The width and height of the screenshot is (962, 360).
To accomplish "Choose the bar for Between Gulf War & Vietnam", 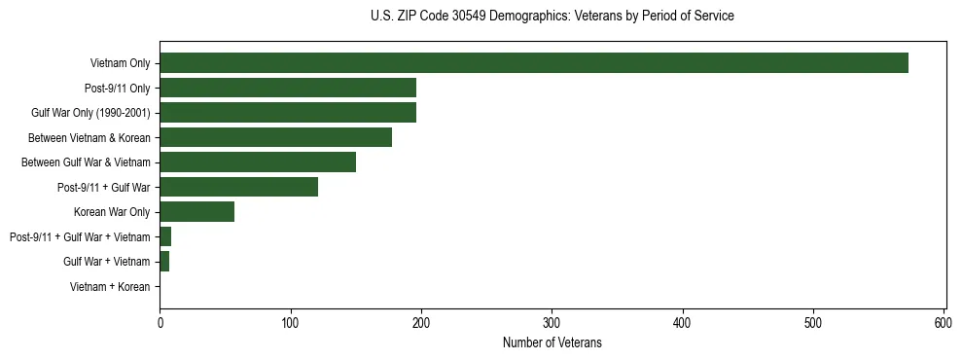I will (258, 162).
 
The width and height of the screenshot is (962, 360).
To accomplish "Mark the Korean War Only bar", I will (196, 212).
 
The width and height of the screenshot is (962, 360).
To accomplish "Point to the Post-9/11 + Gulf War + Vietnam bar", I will (165, 236).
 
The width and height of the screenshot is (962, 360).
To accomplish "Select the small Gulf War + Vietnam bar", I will (164, 262).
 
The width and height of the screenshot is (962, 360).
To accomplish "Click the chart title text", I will (552, 17).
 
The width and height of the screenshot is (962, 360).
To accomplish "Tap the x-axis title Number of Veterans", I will (552, 342).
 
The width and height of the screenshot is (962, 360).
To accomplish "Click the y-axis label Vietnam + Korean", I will (110, 287).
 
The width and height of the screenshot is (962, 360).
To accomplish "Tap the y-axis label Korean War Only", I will (112, 212).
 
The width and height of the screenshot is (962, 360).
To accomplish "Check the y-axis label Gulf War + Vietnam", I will (106, 262).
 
